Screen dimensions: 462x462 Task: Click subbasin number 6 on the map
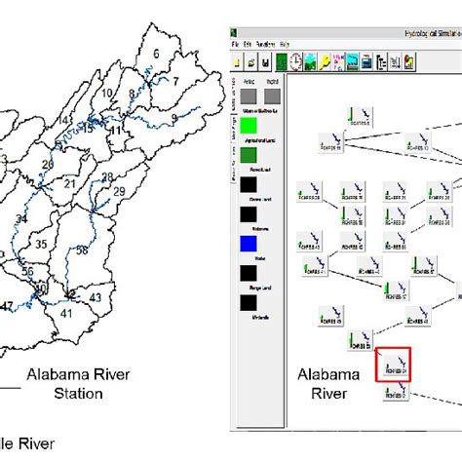tap(154, 54)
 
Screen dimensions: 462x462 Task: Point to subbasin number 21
tap(69, 183)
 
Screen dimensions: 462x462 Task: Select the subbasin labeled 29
tap(119, 192)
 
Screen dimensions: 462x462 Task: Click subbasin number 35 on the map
tap(41, 245)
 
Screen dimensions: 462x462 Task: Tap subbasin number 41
tap(66, 314)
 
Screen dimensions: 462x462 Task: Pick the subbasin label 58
tap(82, 250)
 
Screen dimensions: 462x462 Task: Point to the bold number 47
tap(7, 306)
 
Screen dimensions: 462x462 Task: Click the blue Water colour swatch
tap(250, 244)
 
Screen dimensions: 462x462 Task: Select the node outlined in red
tap(394, 365)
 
